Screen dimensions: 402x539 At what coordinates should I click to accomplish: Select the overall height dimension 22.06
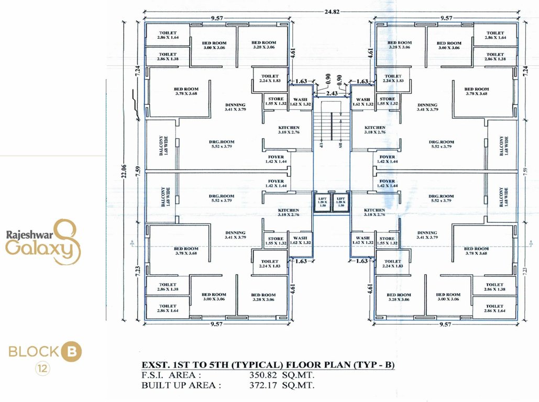[x=124, y=169]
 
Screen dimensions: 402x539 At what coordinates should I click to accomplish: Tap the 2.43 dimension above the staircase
[x=331, y=93]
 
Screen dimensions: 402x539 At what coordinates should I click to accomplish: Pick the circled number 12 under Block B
[x=42, y=369]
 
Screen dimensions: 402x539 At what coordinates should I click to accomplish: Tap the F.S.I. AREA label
[x=171, y=375]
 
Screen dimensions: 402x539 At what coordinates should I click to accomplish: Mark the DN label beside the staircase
[x=340, y=143]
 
